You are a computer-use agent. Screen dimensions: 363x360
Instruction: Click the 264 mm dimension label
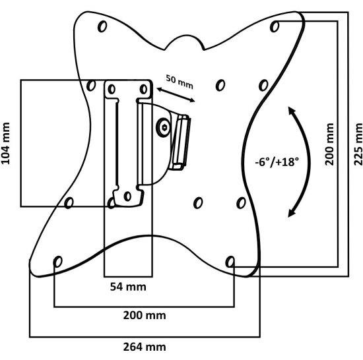[x=145, y=347]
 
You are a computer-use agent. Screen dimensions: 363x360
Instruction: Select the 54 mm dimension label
[x=128, y=287]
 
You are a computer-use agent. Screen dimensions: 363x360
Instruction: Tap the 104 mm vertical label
[x=5, y=143]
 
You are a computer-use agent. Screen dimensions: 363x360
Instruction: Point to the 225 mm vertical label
[x=358, y=144]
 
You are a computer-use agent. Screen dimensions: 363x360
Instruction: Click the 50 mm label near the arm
[x=180, y=82]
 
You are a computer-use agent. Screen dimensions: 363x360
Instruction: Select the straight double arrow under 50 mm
[x=176, y=95]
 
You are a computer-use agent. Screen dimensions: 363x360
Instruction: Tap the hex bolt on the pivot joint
[x=164, y=127]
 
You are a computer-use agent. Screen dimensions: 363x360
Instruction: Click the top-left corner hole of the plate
[x=102, y=26]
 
